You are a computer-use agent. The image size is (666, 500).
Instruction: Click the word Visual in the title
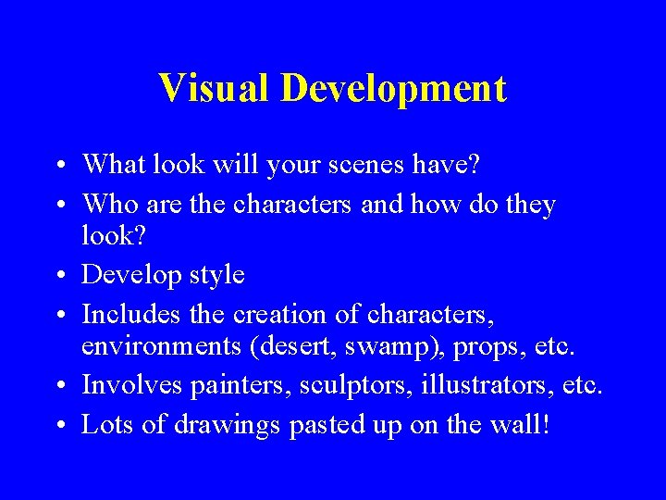(215, 89)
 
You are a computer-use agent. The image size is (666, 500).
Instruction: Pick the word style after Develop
(214, 276)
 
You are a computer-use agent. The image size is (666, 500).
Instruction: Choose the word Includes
(131, 315)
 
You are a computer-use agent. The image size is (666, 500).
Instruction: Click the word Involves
(130, 385)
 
